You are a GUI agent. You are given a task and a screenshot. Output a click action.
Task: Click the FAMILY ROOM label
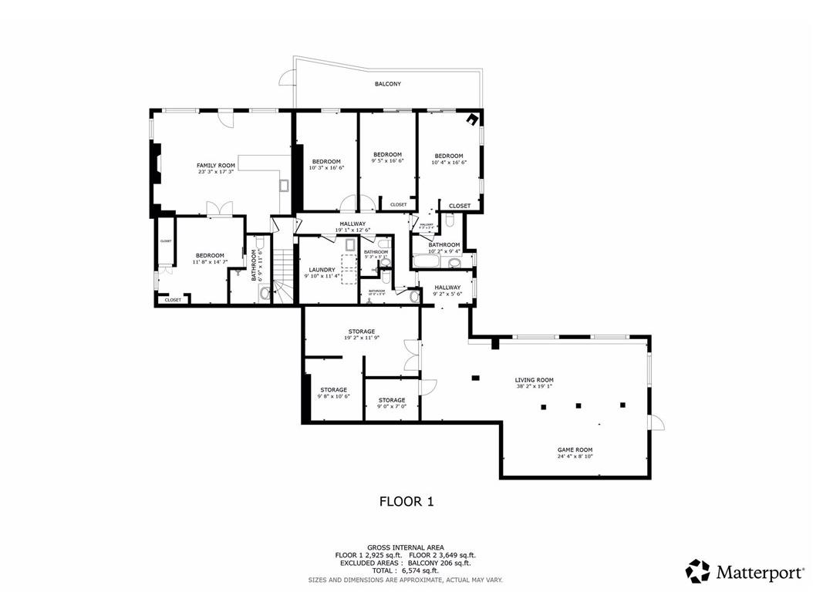(215, 166)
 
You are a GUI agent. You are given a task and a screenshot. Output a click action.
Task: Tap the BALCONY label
(388, 84)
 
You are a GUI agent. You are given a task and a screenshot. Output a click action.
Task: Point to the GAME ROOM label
(575, 449)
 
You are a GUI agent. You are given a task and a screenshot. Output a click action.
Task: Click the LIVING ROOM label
(535, 380)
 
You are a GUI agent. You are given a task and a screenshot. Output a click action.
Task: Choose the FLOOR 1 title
(406, 502)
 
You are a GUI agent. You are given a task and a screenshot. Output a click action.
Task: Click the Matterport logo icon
(698, 571)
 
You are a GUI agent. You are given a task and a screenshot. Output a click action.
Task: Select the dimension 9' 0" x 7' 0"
(392, 406)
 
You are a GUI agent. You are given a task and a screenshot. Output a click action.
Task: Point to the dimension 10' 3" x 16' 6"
(326, 168)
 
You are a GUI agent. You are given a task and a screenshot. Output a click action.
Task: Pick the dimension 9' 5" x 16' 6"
(387, 161)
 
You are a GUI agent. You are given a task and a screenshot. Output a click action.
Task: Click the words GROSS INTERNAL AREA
(406, 547)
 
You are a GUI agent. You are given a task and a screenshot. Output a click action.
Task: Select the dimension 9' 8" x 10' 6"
(334, 396)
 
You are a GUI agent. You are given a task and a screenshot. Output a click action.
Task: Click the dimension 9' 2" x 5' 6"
(447, 294)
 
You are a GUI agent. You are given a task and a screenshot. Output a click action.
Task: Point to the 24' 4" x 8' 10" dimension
(575, 456)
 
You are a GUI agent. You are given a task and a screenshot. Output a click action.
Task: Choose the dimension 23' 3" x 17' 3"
(215, 172)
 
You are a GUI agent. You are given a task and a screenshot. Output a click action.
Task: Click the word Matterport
(759, 572)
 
